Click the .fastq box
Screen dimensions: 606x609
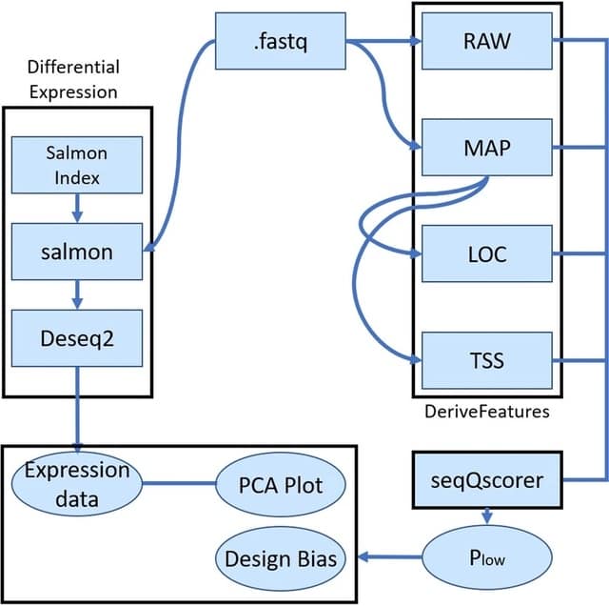click(280, 42)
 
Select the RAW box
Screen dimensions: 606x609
click(486, 41)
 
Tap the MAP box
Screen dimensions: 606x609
click(486, 147)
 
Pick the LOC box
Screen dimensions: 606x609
click(486, 253)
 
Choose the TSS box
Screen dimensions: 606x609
click(486, 360)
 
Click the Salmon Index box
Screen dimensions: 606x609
click(77, 165)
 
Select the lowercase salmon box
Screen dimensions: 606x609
click(77, 252)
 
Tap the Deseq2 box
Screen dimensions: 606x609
click(77, 337)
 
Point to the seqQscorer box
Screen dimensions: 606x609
click(487, 480)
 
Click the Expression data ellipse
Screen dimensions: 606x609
click(77, 484)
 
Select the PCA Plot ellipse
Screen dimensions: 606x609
click(280, 485)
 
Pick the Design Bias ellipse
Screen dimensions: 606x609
click(280, 558)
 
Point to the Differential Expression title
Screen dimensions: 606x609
click(72, 80)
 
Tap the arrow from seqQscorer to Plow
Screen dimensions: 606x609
click(487, 515)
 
